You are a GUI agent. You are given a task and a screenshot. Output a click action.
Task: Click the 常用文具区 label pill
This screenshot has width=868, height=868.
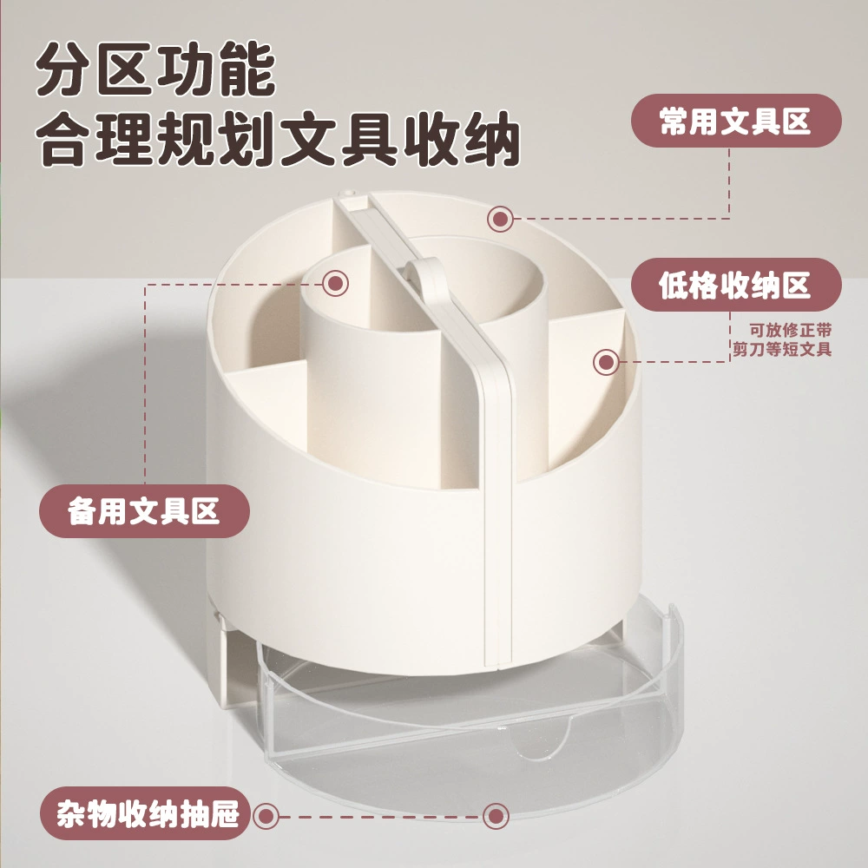pyautogui.click(x=736, y=121)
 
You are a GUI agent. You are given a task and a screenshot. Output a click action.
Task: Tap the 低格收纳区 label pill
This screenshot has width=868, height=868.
pyautogui.click(x=736, y=285)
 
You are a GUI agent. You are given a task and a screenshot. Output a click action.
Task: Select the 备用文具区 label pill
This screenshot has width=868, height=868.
pyautogui.click(x=144, y=511)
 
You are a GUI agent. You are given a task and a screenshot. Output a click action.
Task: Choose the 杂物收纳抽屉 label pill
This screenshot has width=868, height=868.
pyautogui.click(x=147, y=813)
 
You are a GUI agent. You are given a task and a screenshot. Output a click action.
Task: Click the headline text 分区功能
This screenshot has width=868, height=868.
pyautogui.click(x=155, y=69)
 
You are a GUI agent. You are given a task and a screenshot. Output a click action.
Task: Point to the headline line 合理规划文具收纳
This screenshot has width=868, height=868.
pyautogui.click(x=278, y=138)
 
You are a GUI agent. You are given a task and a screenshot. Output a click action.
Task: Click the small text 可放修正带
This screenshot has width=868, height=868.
pyautogui.click(x=791, y=331)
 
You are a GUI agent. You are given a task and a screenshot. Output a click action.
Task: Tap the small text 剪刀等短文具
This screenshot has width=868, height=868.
pyautogui.click(x=782, y=349)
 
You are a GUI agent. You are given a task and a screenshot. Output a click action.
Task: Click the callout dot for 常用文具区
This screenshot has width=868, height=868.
pyautogui.click(x=501, y=220)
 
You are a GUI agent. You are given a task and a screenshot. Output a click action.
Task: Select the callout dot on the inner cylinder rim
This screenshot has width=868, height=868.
pyautogui.click(x=335, y=284)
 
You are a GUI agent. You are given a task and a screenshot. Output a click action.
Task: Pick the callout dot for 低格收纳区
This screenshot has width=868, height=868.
pyautogui.click(x=606, y=362)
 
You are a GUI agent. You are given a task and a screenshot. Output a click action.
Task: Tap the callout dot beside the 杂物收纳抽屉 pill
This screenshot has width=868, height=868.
pyautogui.click(x=266, y=816)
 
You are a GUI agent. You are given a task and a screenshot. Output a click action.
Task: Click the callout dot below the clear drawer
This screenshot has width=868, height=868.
pyautogui.click(x=496, y=816)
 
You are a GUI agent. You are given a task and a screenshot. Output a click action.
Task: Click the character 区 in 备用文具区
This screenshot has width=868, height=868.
pyautogui.click(x=206, y=511)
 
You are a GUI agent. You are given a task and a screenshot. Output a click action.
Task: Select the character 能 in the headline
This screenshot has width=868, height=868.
pyautogui.click(x=247, y=69)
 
